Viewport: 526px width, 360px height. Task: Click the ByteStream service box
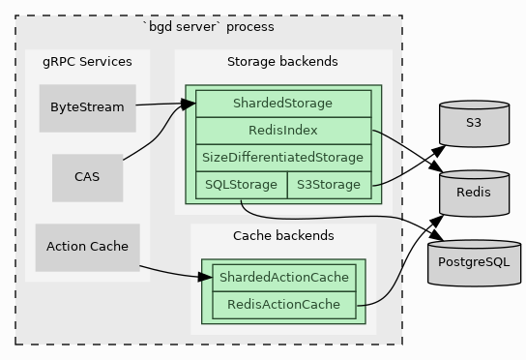point(87,107)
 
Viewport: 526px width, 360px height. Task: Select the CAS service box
point(87,177)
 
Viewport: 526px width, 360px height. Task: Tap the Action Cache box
point(87,247)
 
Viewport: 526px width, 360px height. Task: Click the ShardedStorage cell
point(282,103)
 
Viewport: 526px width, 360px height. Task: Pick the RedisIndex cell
point(282,130)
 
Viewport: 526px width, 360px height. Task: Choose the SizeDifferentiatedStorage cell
point(282,157)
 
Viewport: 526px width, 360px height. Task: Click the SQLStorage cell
point(241,184)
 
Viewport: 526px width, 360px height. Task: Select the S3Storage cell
point(329,184)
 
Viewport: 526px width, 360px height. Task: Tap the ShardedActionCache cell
point(283,278)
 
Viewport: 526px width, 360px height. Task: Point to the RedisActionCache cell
point(283,305)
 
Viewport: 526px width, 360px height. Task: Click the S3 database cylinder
point(473,123)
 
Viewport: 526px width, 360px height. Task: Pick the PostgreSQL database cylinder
point(473,262)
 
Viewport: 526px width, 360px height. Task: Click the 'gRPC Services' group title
point(87,62)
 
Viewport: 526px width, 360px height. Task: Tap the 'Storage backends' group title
point(282,62)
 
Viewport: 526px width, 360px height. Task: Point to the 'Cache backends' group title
point(283,235)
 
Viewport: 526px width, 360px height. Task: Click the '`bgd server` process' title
point(208,26)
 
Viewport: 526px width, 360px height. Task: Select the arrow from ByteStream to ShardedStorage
point(160,103)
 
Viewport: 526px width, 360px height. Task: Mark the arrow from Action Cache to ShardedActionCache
point(174,273)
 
